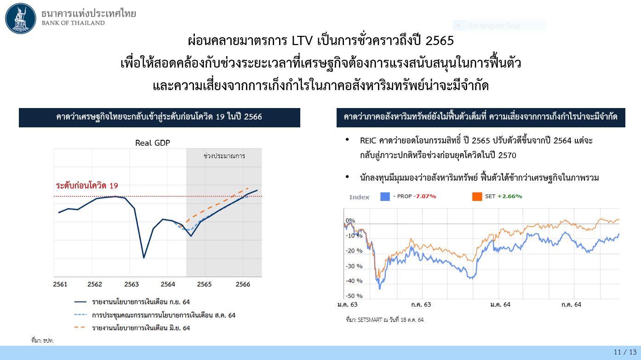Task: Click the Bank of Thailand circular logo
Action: point(21,18)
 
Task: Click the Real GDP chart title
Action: point(153,143)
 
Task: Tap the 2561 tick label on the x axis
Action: point(60,284)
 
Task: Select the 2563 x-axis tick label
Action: point(132,284)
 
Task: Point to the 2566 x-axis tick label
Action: point(243,284)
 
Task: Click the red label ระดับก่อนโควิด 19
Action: point(87,186)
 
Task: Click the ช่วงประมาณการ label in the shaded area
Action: point(224,156)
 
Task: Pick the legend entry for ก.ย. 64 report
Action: point(132,302)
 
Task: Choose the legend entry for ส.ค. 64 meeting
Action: point(155,315)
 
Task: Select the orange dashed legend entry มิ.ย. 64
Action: point(132,328)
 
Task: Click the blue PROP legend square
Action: point(385,197)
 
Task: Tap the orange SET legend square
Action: point(477,197)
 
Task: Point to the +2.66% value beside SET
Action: point(509,196)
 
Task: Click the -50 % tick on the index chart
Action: point(354,296)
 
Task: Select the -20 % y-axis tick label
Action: point(354,251)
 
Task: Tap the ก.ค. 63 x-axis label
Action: point(421,304)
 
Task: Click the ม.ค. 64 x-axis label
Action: point(500,304)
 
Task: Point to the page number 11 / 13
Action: point(625,352)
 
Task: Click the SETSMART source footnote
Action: point(384,320)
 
